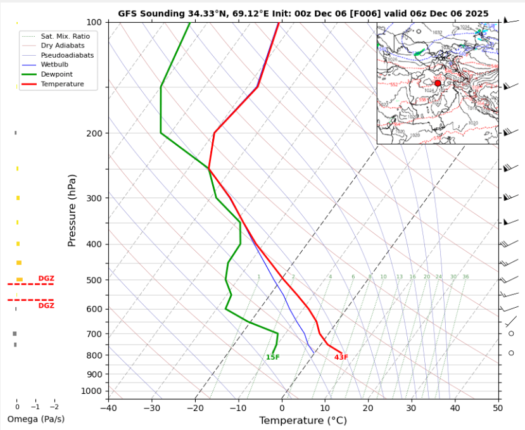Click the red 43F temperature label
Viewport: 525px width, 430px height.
(341, 358)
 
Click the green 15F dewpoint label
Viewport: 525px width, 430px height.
(272, 358)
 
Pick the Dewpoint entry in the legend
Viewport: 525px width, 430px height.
(57, 74)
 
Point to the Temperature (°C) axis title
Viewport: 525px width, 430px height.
(303, 421)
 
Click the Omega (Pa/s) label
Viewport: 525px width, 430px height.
(35, 419)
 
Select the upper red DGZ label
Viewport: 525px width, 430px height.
(46, 279)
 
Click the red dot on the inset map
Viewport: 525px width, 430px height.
(438, 83)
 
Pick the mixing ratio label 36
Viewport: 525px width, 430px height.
(465, 277)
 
